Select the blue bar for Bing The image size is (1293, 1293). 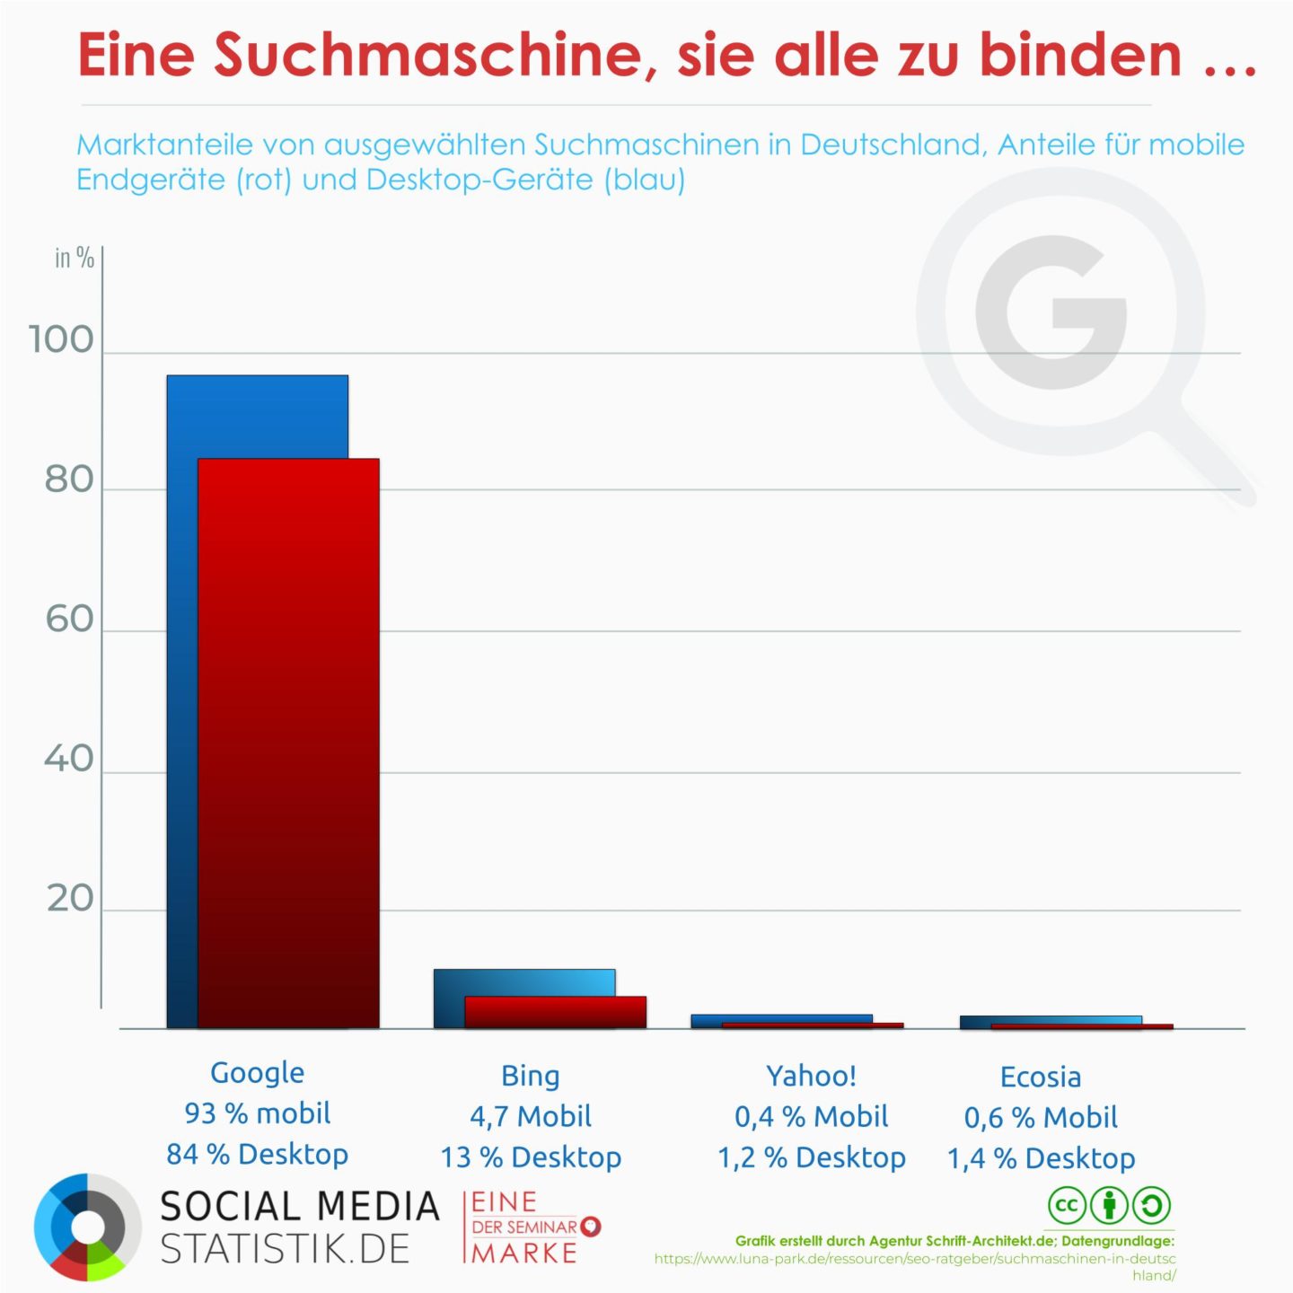(x=523, y=981)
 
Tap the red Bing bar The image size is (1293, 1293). (x=555, y=1012)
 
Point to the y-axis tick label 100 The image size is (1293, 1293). (x=61, y=340)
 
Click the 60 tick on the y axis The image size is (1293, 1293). (x=69, y=620)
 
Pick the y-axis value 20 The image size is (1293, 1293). (x=70, y=899)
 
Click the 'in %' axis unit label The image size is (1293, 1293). (x=74, y=259)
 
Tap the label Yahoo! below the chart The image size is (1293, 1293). (x=811, y=1075)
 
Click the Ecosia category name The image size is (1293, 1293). (x=1040, y=1077)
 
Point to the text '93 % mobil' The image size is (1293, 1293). (x=257, y=1113)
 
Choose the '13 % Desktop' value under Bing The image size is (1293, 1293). (x=530, y=1157)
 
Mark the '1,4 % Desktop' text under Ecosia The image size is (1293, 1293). (x=1041, y=1158)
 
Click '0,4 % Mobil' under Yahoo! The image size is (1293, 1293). (x=811, y=1116)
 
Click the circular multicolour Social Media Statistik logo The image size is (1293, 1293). (x=87, y=1227)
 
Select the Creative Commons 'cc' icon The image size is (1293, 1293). (x=1066, y=1205)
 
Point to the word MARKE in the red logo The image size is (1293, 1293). (x=524, y=1253)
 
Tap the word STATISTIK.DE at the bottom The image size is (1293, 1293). (x=285, y=1249)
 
